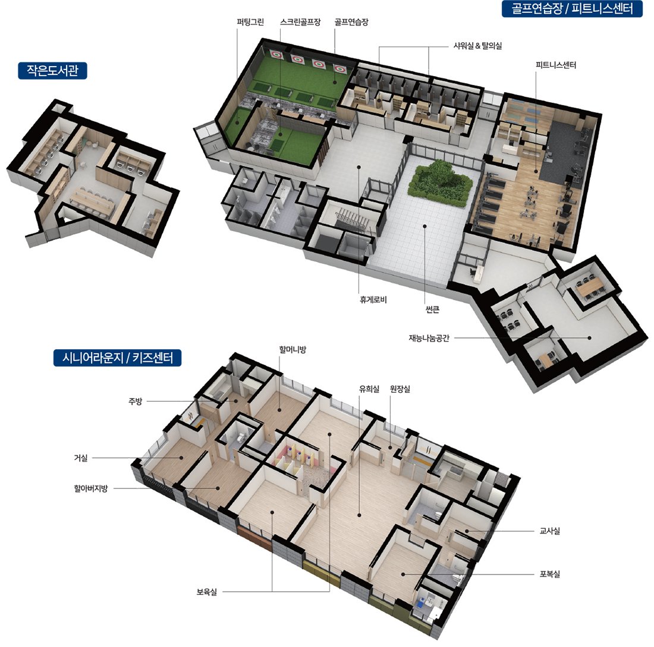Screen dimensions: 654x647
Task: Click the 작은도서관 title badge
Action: [x=52, y=71]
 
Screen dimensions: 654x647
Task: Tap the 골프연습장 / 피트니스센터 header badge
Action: [x=572, y=9]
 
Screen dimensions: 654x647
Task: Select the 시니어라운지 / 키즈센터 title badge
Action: [x=117, y=358]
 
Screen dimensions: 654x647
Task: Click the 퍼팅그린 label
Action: [x=250, y=22]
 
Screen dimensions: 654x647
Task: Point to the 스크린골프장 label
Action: [x=300, y=22]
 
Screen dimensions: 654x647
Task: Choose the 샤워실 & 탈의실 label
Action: [x=477, y=46]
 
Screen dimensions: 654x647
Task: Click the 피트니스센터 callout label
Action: [x=555, y=65]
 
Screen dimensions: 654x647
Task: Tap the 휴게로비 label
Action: [x=373, y=299]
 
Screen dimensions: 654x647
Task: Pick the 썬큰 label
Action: [x=432, y=310]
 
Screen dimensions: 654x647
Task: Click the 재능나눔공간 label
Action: [x=429, y=338]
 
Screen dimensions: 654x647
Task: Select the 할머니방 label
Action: [x=293, y=349]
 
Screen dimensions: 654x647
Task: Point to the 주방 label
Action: [x=135, y=402]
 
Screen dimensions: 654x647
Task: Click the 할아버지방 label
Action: [x=91, y=488]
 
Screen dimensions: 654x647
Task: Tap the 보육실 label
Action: [x=207, y=592]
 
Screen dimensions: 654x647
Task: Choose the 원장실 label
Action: [x=400, y=389]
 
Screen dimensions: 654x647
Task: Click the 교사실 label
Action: [x=550, y=531]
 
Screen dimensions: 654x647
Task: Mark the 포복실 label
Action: [x=550, y=574]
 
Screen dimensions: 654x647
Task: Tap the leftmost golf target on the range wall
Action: [x=276, y=55]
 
